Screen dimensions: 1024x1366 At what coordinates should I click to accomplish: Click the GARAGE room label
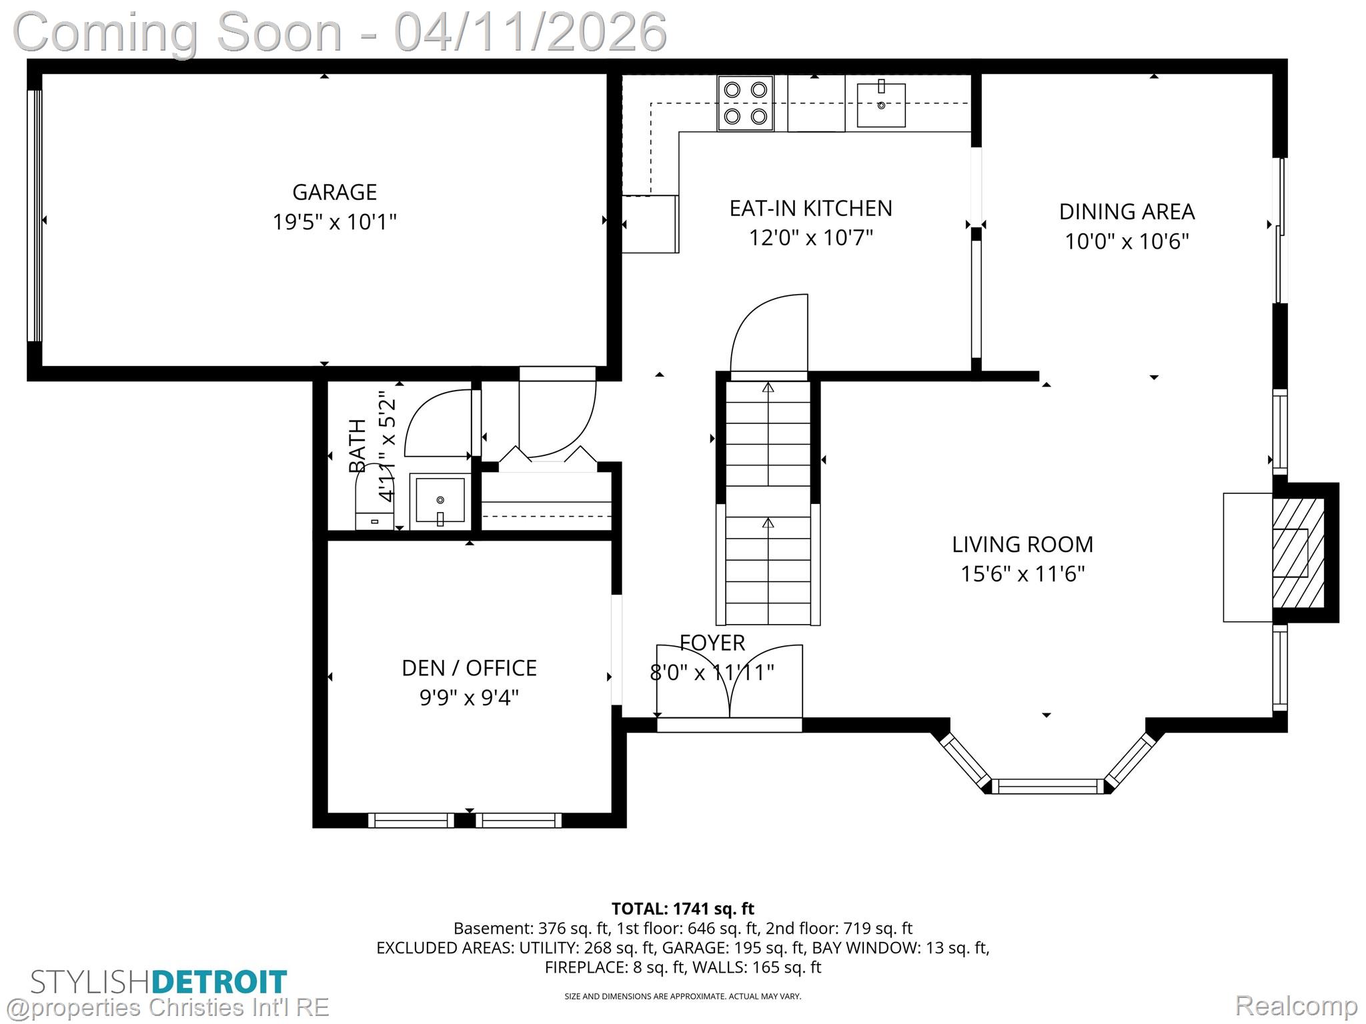pyautogui.click(x=334, y=192)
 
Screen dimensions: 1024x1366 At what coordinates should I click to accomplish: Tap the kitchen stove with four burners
pyautogui.click(x=745, y=103)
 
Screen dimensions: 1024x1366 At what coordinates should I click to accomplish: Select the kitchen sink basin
pyautogui.click(x=880, y=105)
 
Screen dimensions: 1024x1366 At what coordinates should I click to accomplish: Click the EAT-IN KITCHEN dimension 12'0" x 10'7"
pyautogui.click(x=810, y=237)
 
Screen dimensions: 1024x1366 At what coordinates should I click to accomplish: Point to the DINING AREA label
pyautogui.click(x=1127, y=211)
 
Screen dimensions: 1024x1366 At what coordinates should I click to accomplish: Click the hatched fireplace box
pyautogui.click(x=1297, y=553)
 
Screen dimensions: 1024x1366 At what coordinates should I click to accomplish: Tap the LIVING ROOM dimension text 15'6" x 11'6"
pyautogui.click(x=1022, y=574)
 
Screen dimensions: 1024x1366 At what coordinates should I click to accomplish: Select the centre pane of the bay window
pyautogui.click(x=1047, y=786)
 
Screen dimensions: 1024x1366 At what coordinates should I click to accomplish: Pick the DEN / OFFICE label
pyautogui.click(x=469, y=668)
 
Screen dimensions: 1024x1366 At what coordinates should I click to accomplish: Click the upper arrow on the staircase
pyautogui.click(x=768, y=387)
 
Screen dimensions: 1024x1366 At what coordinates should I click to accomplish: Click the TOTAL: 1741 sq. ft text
pyautogui.click(x=682, y=909)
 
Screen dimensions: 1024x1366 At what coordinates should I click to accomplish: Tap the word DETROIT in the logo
pyautogui.click(x=219, y=982)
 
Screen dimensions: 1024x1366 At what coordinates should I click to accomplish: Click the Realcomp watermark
pyautogui.click(x=1296, y=1005)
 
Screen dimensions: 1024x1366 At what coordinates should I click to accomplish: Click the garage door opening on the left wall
pyautogui.click(x=34, y=215)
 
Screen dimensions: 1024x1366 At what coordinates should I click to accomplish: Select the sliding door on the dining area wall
pyautogui.click(x=1279, y=230)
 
